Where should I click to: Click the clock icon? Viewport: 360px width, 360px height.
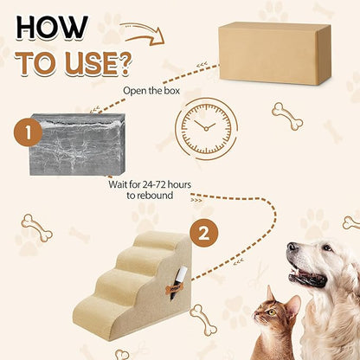[x=207, y=126]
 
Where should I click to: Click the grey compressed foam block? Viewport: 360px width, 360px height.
[x=78, y=144]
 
